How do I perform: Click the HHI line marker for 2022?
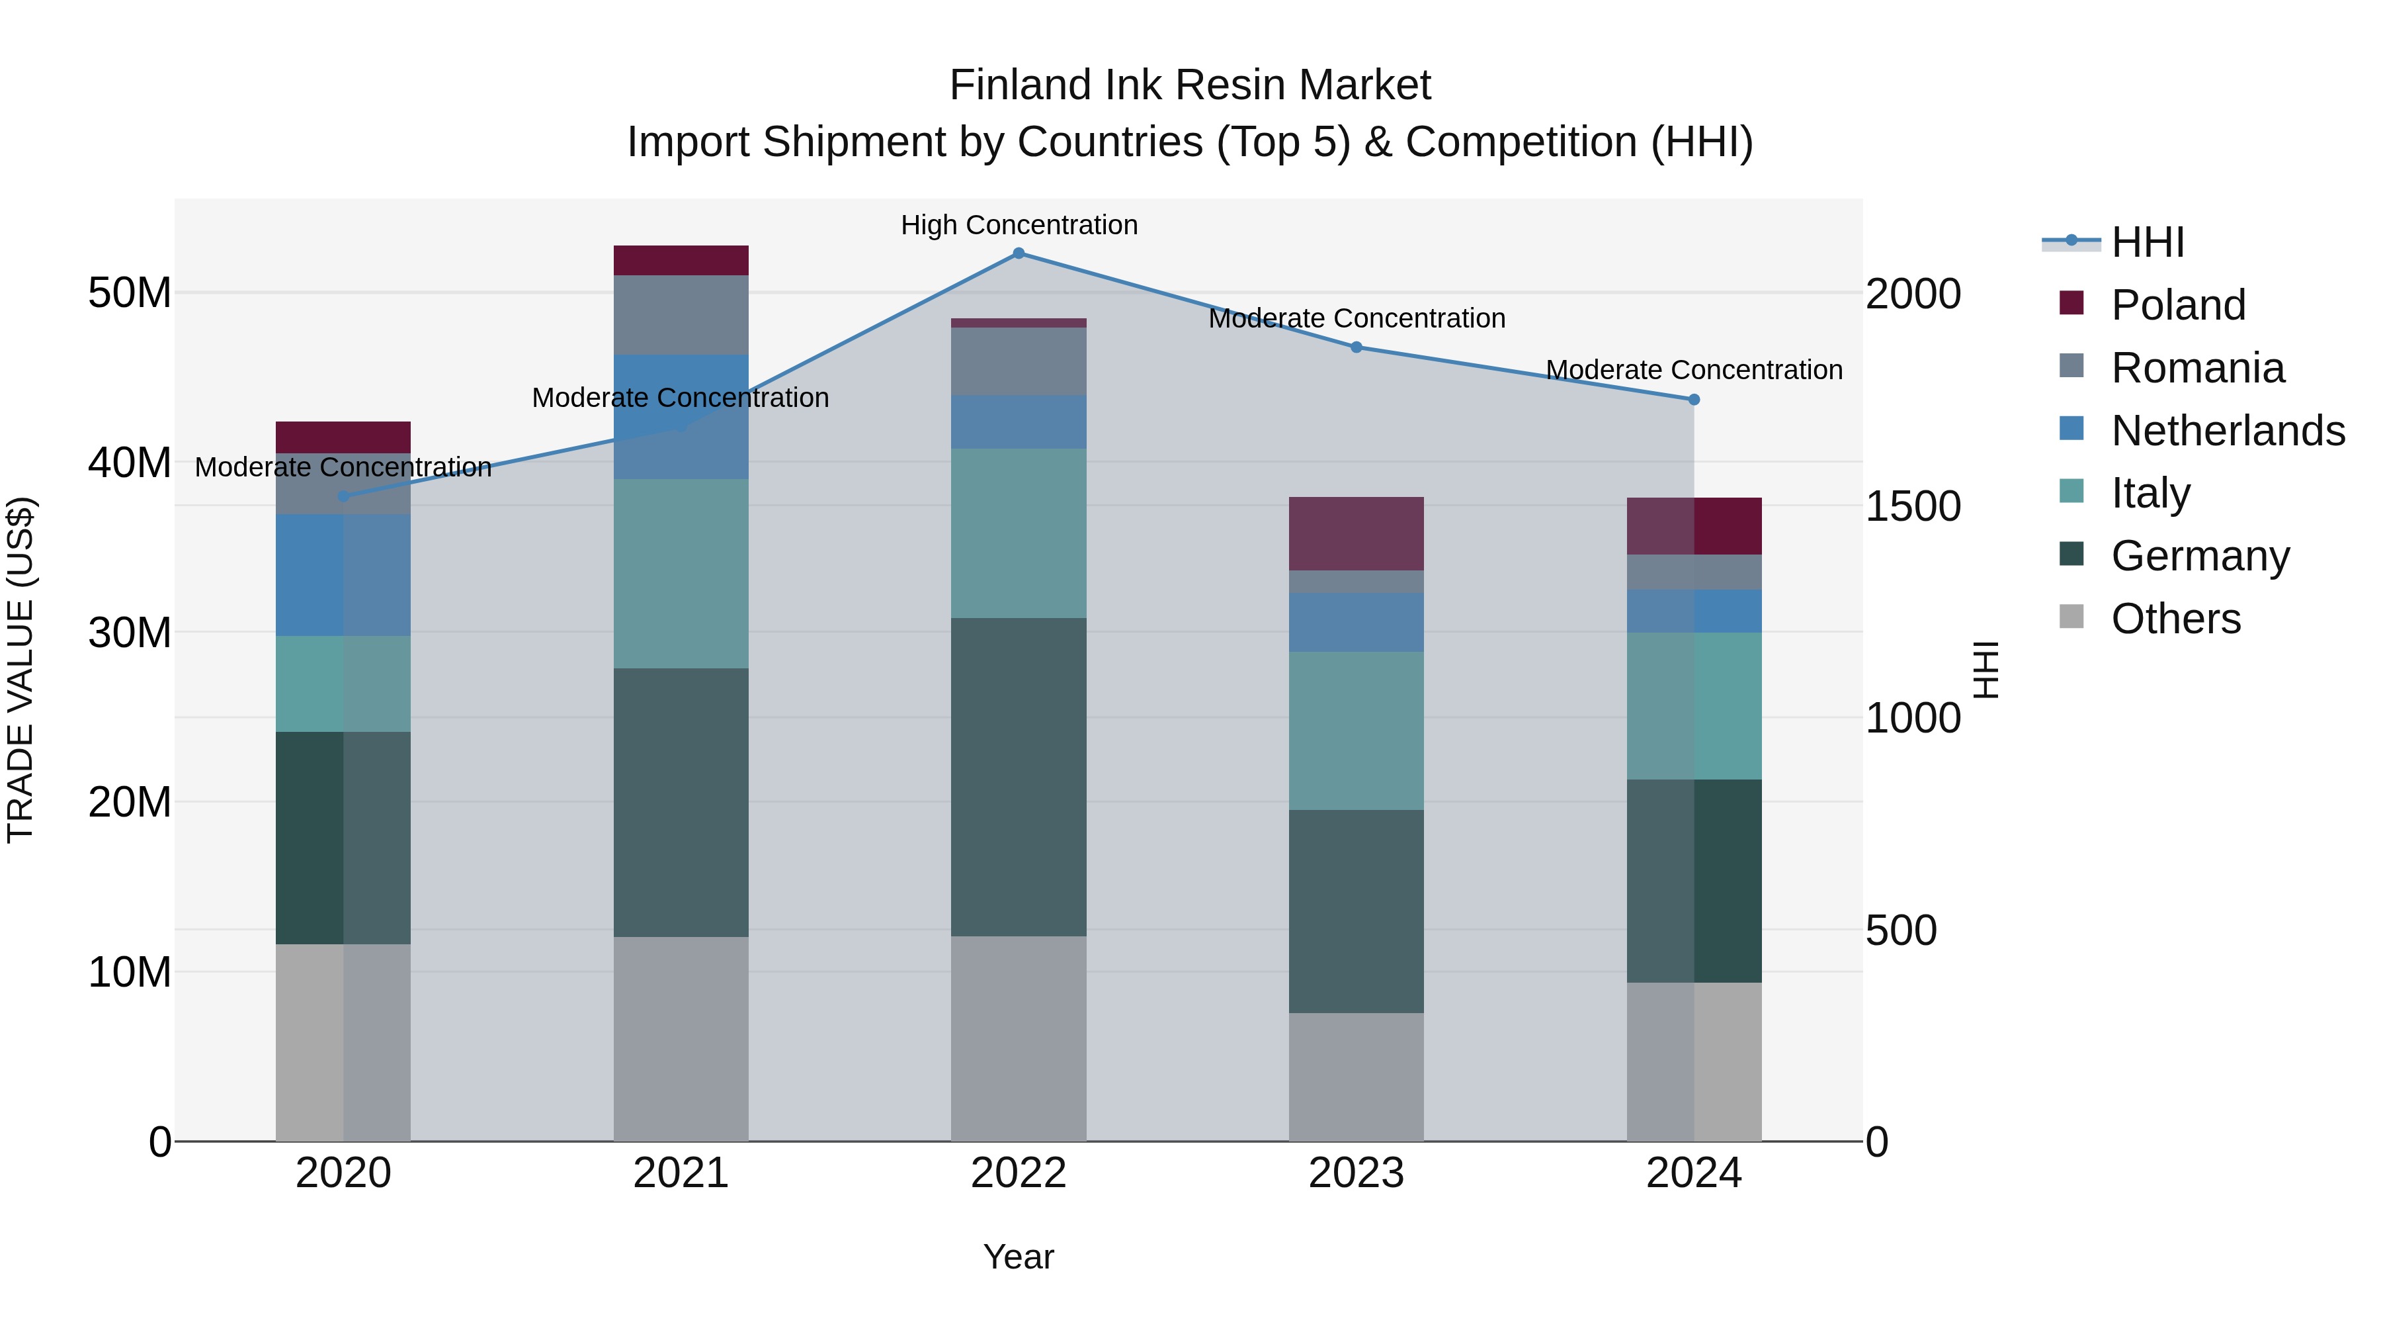[1019, 253]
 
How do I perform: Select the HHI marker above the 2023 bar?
[1356, 347]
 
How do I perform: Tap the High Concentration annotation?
[1019, 225]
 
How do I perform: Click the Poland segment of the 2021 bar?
[681, 260]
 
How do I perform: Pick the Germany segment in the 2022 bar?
[1019, 777]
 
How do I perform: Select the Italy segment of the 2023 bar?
[1356, 731]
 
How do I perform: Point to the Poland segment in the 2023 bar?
[1356, 533]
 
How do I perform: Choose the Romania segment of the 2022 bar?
[1019, 361]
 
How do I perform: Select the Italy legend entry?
[2150, 493]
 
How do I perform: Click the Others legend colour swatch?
[2071, 617]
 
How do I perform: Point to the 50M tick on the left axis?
[130, 293]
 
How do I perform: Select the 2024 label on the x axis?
[1693, 1173]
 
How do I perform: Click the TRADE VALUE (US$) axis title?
[21, 670]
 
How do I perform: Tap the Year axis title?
[1019, 1257]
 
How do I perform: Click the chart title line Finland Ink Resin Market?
[1190, 85]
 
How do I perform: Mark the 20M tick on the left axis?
[130, 802]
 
